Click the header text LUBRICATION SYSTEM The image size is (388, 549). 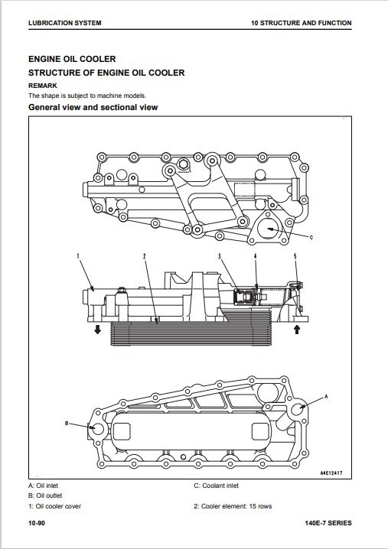click(x=65, y=23)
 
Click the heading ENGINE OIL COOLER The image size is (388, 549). click(x=72, y=59)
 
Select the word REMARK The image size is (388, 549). click(x=43, y=86)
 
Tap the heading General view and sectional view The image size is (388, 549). click(x=93, y=107)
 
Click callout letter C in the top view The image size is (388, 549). click(x=311, y=237)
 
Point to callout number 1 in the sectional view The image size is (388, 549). click(x=78, y=256)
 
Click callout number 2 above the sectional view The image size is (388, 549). click(x=144, y=256)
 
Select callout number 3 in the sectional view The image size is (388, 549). click(x=220, y=256)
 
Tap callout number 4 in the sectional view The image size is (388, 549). click(x=255, y=256)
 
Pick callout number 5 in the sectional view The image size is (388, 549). click(x=295, y=256)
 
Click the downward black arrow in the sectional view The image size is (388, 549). click(x=97, y=329)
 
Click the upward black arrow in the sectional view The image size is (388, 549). click(x=297, y=329)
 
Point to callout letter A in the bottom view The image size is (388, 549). click(x=326, y=397)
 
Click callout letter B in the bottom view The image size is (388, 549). click(x=67, y=424)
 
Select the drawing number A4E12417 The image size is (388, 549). click(x=331, y=473)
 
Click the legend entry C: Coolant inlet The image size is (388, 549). click(x=217, y=486)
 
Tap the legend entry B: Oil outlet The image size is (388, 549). click(x=45, y=495)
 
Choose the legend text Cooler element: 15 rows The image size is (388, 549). click(x=236, y=506)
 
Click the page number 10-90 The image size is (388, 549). click(x=37, y=523)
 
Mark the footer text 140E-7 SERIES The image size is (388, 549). click(x=328, y=523)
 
